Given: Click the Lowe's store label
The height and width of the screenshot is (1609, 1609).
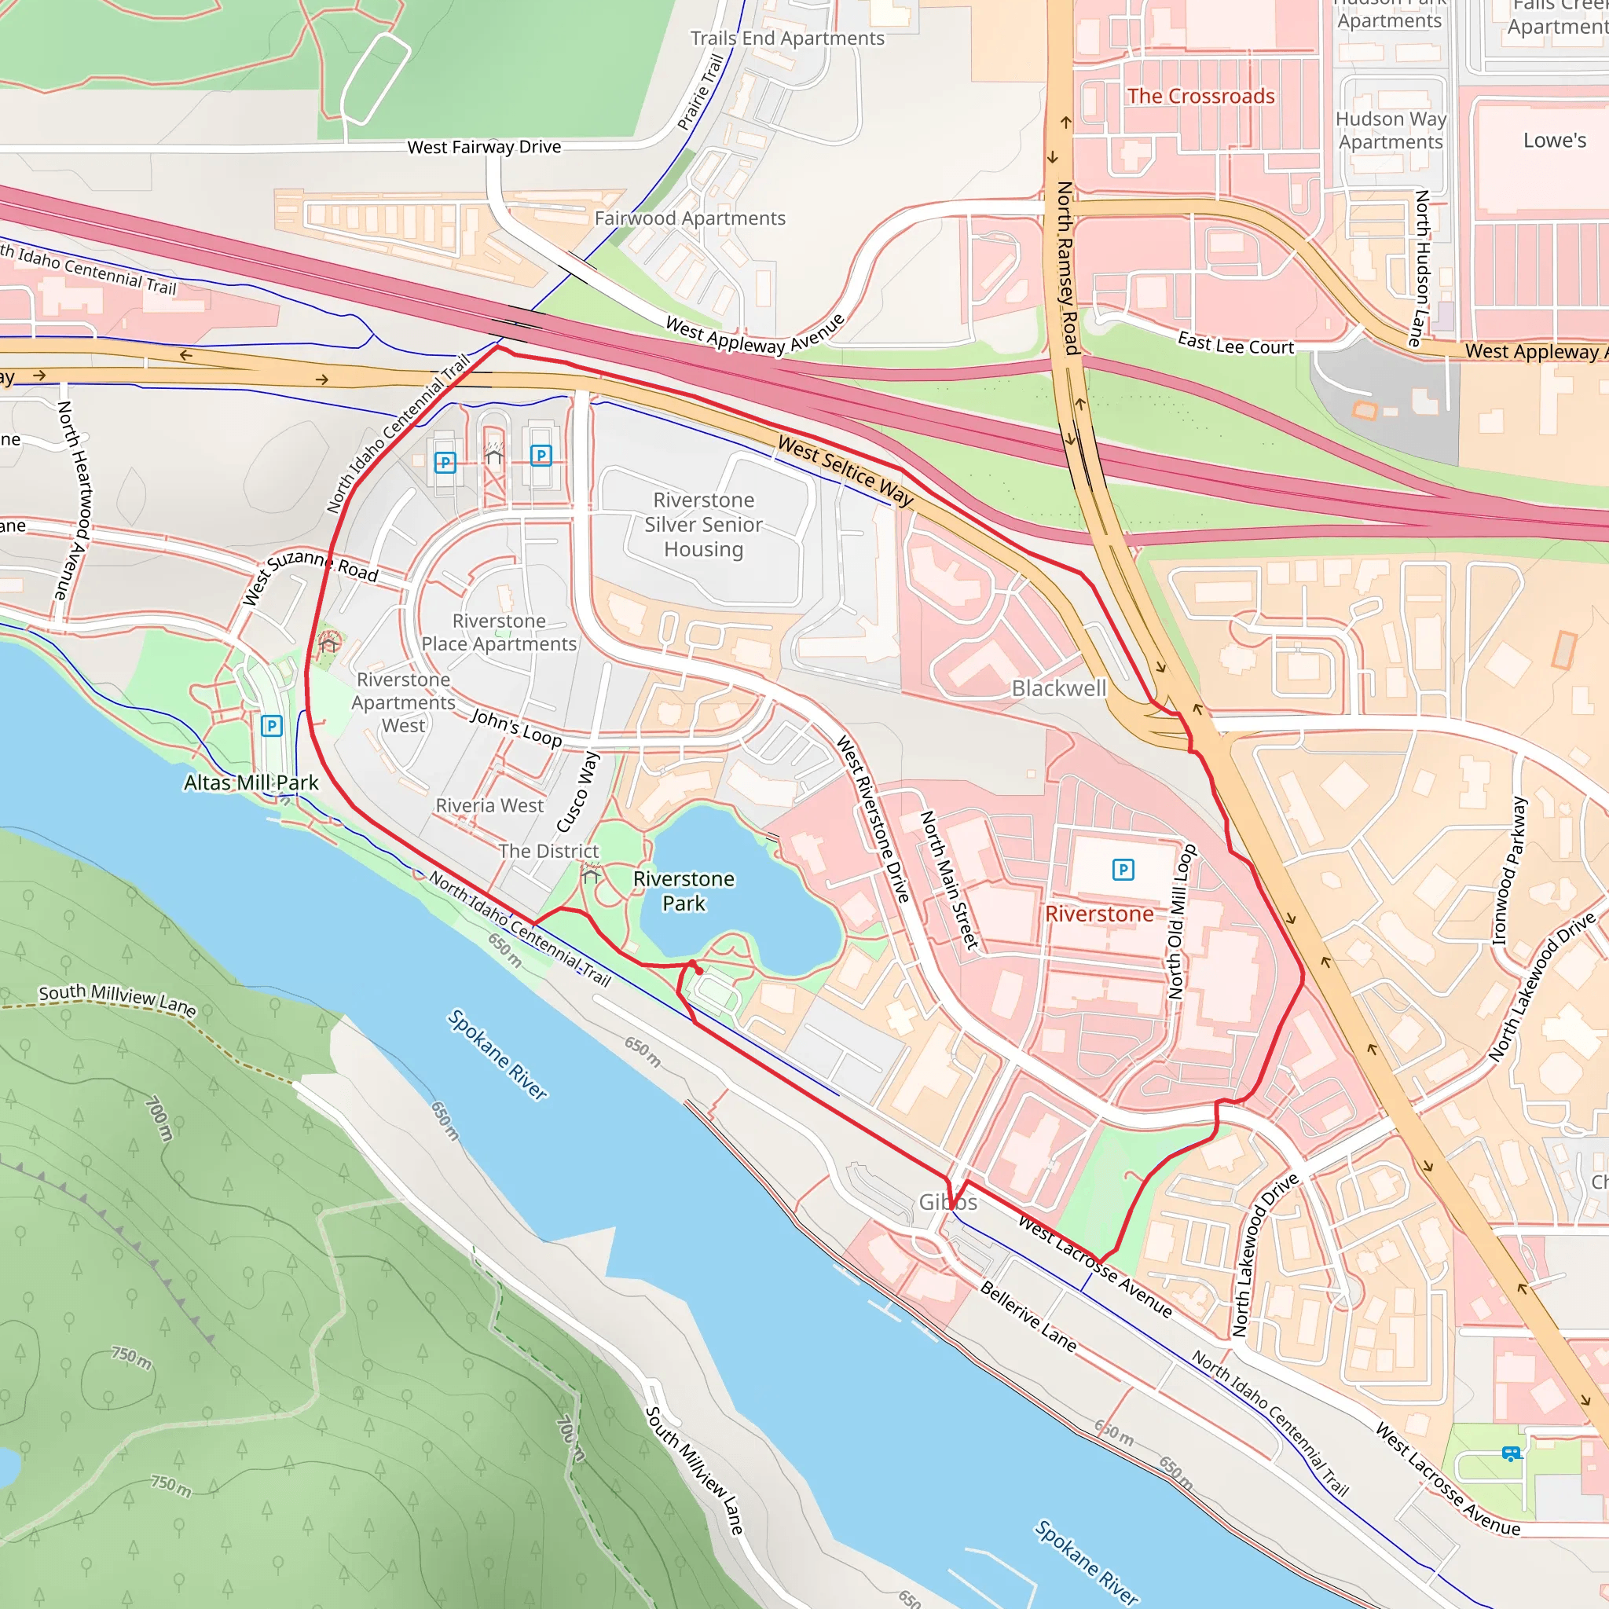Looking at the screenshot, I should coord(1554,140).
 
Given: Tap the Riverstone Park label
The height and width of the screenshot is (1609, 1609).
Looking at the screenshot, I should coord(684,890).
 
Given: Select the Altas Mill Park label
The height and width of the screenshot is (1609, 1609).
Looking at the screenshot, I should coord(251,782).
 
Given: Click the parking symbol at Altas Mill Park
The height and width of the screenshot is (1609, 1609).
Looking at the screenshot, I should coord(272,725).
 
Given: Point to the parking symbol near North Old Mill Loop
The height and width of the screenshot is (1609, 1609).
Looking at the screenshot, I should coord(1123,870).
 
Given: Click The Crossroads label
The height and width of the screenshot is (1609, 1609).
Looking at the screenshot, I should coord(1200,96).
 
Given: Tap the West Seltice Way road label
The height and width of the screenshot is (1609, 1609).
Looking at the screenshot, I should coord(845,471).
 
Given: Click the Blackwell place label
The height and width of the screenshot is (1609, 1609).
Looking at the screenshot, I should coord(1058,688).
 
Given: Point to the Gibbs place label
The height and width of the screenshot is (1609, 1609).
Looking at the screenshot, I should coord(947,1202).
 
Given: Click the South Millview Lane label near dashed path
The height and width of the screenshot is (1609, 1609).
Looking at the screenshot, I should coord(116,999).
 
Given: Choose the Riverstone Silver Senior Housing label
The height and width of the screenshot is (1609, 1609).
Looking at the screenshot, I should coord(703,524).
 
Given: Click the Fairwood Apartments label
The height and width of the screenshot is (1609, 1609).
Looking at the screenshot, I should coord(690,218).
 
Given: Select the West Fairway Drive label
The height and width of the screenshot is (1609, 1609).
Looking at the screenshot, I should coord(484,148).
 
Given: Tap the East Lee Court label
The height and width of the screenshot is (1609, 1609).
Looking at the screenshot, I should coord(1235,343).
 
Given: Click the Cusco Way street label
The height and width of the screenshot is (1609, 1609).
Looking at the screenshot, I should coord(577,791).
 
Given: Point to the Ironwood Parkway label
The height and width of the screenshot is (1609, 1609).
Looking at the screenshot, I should coord(1508,871).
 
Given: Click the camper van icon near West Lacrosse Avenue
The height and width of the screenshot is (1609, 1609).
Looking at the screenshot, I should coord(1510,1453).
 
